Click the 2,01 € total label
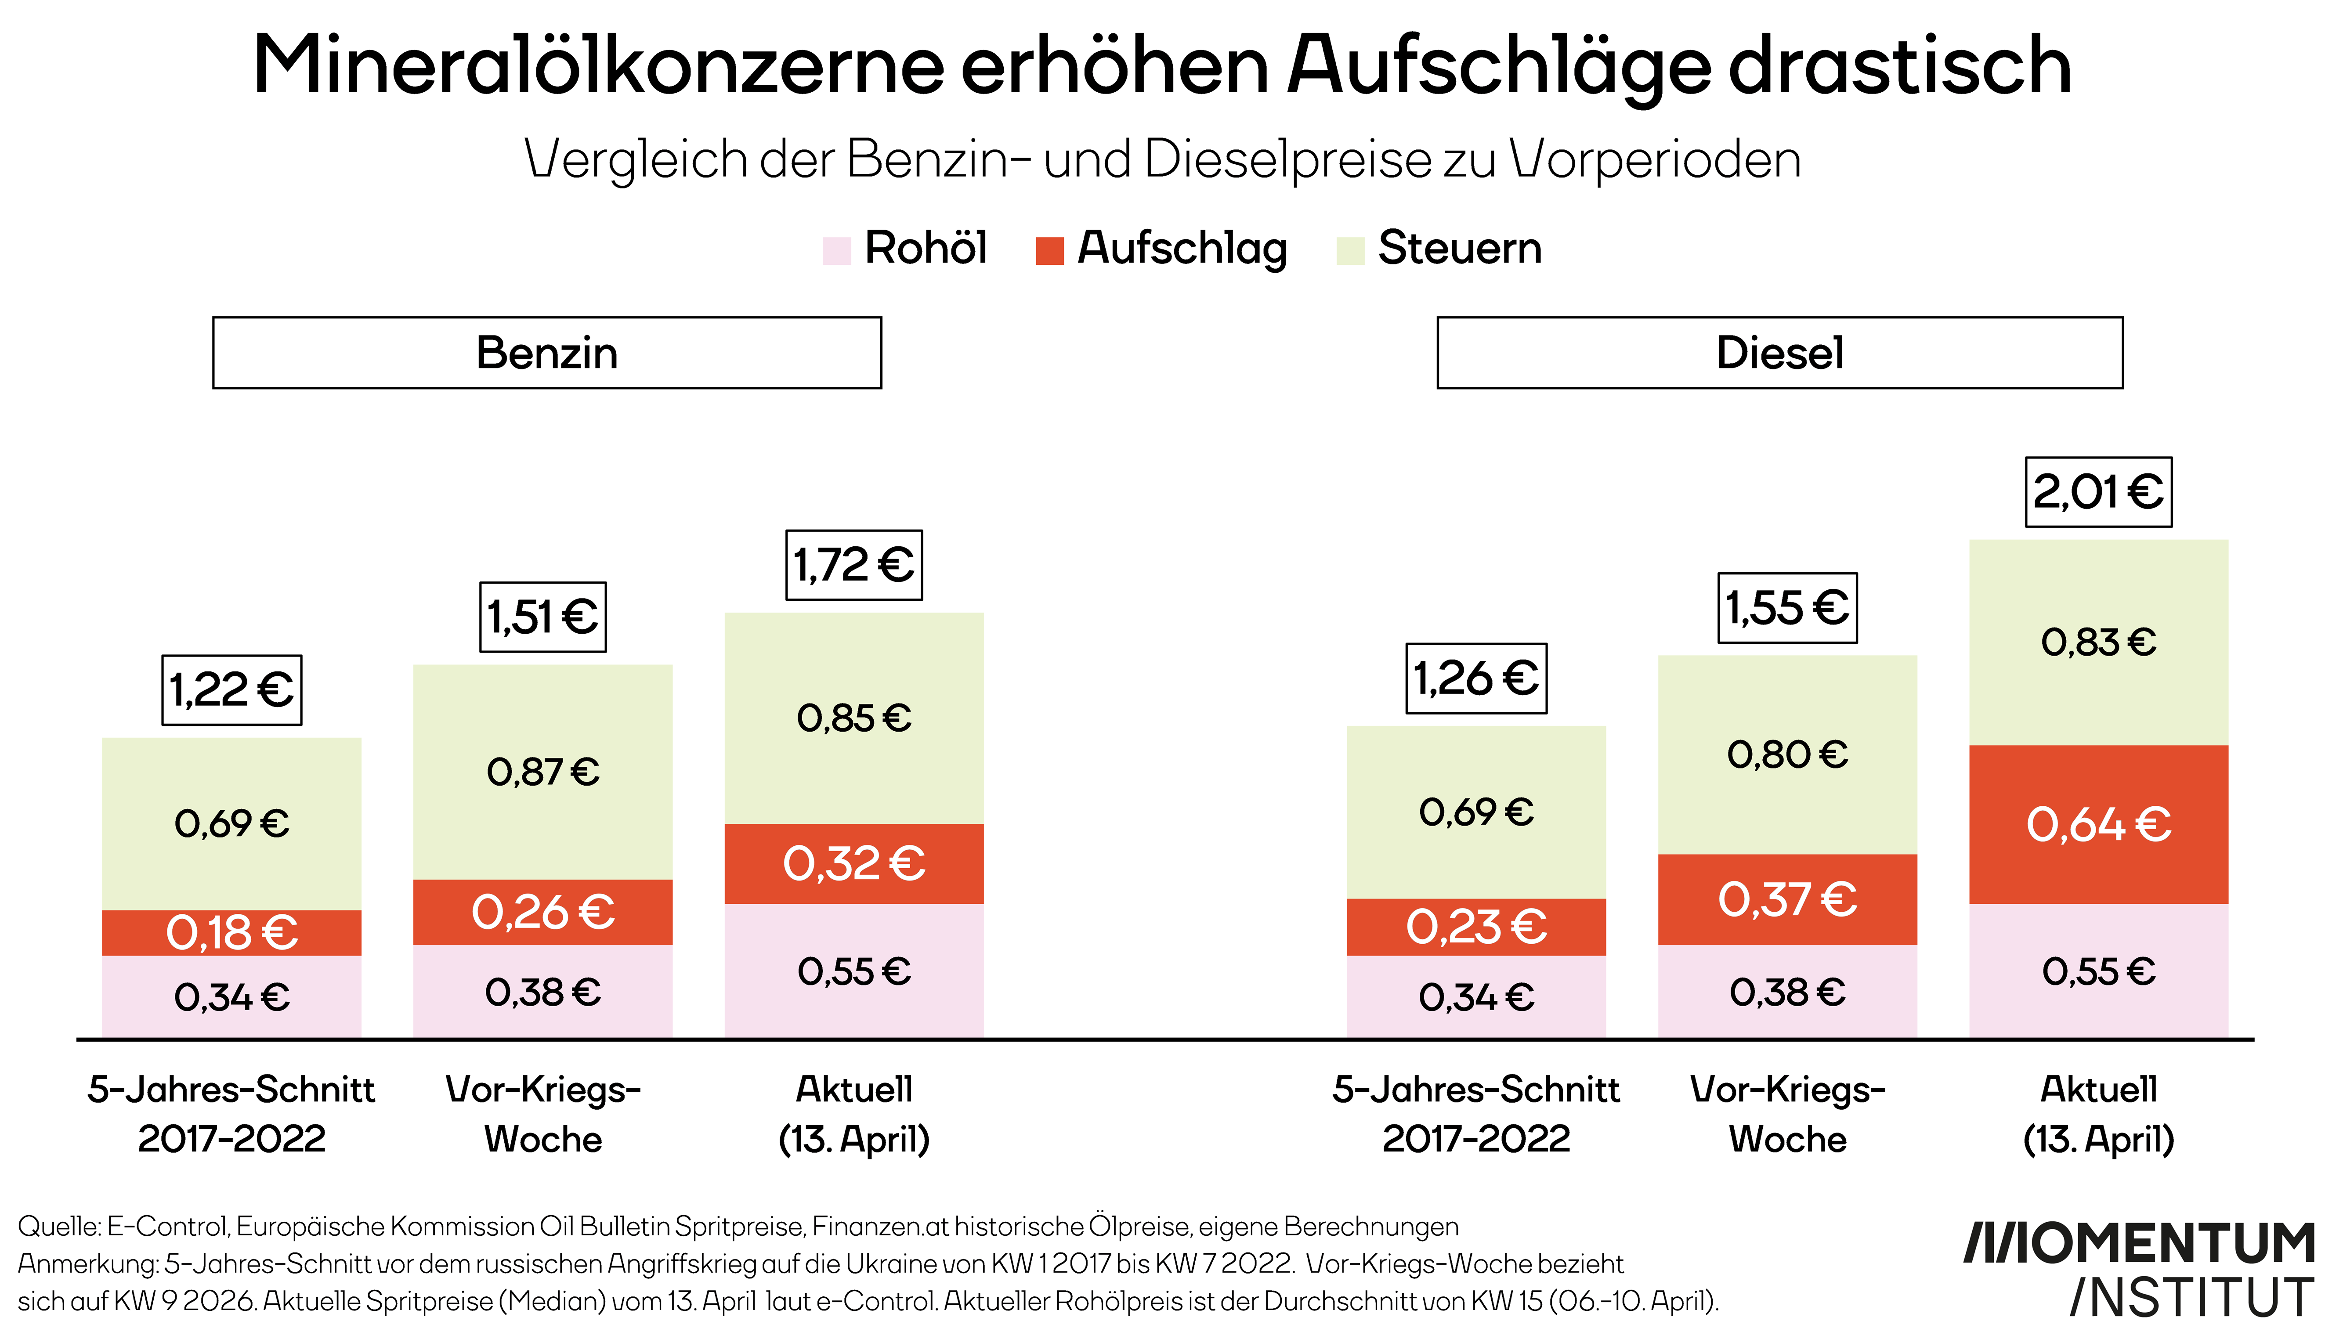pyautogui.click(x=2098, y=493)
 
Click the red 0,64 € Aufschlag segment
pyautogui.click(x=2098, y=825)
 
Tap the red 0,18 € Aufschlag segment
pyautogui.click(x=231, y=932)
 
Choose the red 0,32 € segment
pyautogui.click(x=854, y=864)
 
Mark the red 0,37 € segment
pyautogui.click(x=1787, y=899)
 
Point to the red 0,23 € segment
pyautogui.click(x=1476, y=927)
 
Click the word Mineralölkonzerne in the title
pyautogui.click(x=597, y=66)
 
